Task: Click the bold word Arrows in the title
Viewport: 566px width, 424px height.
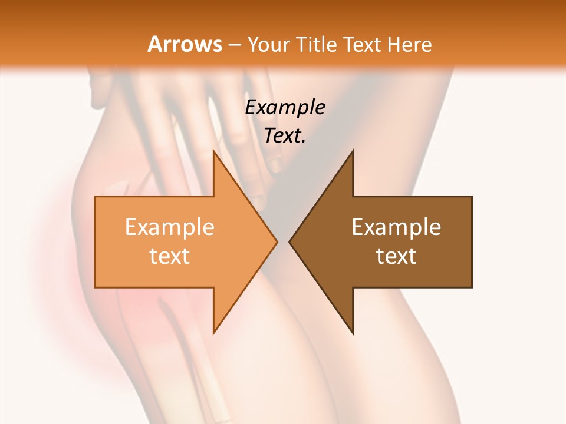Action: point(185,44)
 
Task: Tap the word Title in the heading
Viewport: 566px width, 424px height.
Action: point(316,45)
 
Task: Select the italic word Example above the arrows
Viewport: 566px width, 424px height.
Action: point(285,108)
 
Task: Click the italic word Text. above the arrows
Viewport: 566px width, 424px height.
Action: point(285,136)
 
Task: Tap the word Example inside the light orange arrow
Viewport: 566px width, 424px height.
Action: point(170,227)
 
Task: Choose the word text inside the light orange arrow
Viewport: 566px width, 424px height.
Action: point(170,256)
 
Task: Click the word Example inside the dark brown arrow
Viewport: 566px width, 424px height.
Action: point(396,227)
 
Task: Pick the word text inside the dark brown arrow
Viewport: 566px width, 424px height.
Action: point(396,256)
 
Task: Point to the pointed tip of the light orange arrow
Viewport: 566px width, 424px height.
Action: point(277,241)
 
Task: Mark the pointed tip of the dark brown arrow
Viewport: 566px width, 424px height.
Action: point(289,241)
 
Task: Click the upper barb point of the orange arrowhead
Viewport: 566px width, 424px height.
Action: point(213,151)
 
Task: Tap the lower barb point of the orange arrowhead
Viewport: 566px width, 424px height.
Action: point(213,333)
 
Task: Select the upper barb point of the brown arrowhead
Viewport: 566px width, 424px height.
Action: point(353,151)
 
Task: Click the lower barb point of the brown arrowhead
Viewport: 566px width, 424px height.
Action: point(353,333)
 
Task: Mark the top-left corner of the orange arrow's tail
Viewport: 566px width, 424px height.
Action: point(95,197)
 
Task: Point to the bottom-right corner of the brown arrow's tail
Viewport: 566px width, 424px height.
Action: point(472,287)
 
